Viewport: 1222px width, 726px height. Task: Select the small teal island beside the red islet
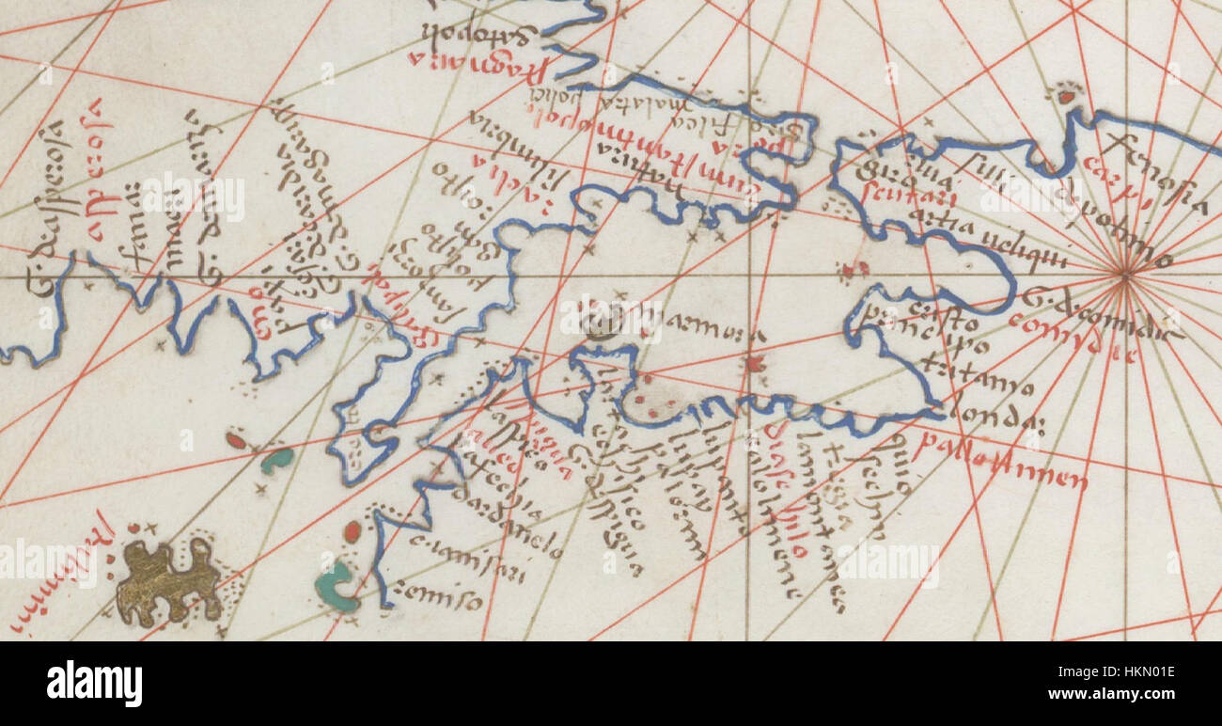(x=277, y=460)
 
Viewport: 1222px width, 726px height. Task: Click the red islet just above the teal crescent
(x=352, y=531)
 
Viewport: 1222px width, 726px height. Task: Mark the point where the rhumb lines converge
(x=1124, y=275)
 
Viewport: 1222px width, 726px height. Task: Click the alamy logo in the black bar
(x=94, y=684)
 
